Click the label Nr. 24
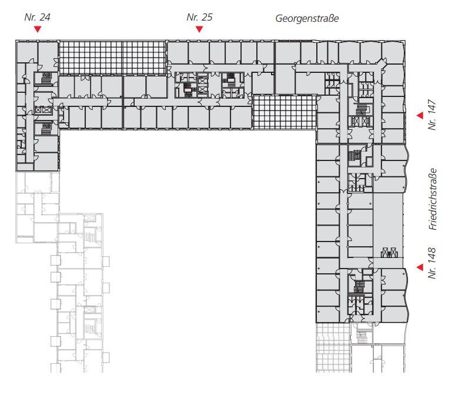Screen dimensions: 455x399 point(37,17)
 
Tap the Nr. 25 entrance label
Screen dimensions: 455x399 point(199,17)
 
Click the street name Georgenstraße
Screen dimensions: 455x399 point(307,19)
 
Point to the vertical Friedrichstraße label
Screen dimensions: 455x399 point(433,199)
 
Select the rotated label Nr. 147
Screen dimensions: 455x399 point(432,115)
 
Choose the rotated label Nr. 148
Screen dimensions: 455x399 point(432,263)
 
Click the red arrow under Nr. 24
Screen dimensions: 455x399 point(38,29)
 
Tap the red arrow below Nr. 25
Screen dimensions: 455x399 point(199,29)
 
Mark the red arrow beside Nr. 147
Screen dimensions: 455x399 point(420,115)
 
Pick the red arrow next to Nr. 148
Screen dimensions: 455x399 point(420,267)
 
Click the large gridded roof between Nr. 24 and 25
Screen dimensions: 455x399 point(112,58)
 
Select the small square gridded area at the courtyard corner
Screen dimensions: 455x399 point(285,112)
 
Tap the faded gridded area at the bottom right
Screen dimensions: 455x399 point(333,347)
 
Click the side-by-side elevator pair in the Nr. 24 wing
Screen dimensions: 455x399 point(43,110)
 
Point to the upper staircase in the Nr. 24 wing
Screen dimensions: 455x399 point(46,78)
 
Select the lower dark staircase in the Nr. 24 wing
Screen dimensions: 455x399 point(46,129)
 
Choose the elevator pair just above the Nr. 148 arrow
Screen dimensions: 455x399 point(389,252)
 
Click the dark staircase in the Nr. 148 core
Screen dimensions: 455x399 point(359,287)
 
